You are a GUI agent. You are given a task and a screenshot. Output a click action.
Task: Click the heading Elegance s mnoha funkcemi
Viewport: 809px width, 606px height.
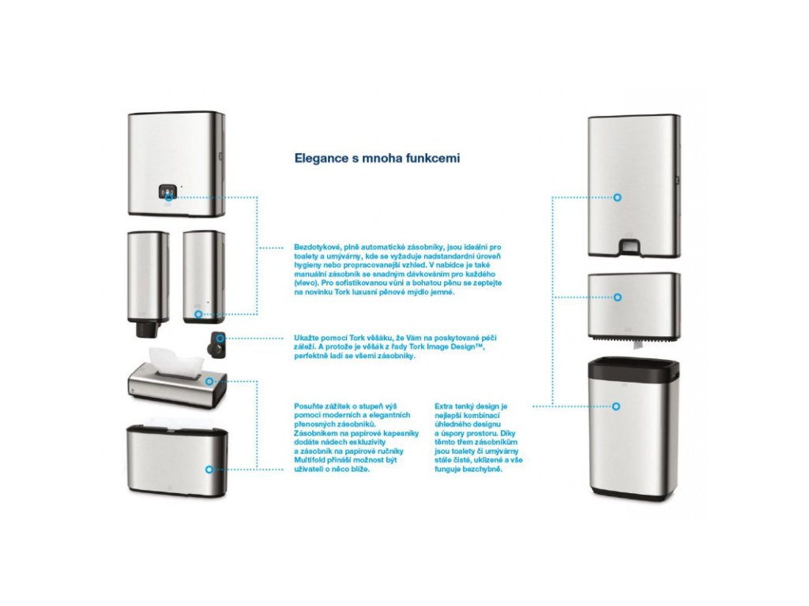[377, 158]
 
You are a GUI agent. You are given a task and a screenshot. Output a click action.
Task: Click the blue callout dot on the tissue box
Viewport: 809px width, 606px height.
[209, 381]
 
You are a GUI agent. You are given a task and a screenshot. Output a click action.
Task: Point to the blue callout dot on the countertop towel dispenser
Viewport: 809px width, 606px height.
[209, 469]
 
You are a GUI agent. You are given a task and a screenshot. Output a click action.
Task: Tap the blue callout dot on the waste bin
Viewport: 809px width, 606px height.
[617, 406]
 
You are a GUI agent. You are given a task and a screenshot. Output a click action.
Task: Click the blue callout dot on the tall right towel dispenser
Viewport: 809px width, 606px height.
[617, 197]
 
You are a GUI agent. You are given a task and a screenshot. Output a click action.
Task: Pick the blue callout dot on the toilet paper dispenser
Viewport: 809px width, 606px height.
[617, 297]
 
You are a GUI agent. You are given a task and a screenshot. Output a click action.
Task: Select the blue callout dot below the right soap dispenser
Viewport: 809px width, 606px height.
[198, 314]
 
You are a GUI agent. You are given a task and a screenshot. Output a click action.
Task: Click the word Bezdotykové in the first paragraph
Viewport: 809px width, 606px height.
[316, 248]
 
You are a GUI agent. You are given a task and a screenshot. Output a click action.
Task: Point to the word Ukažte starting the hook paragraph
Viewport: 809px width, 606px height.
[307, 338]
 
